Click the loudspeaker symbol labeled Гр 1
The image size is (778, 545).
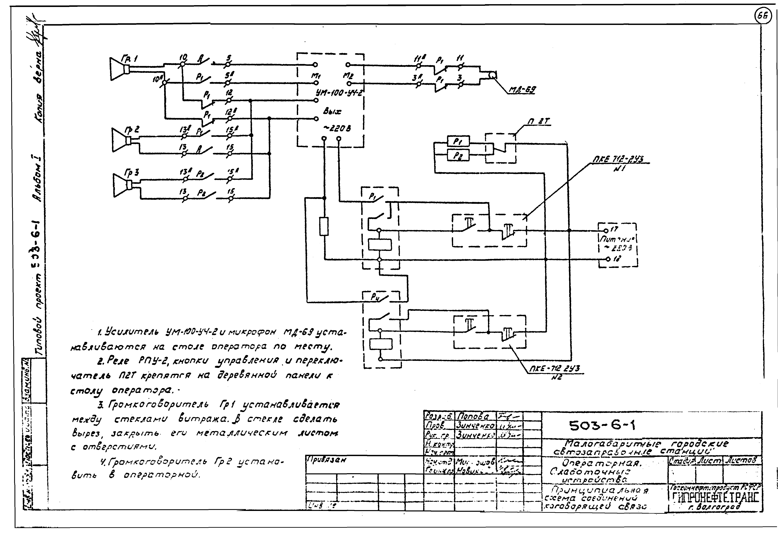click(x=119, y=69)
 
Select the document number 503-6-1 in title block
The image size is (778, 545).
click(x=602, y=426)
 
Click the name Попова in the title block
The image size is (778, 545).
click(x=473, y=416)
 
